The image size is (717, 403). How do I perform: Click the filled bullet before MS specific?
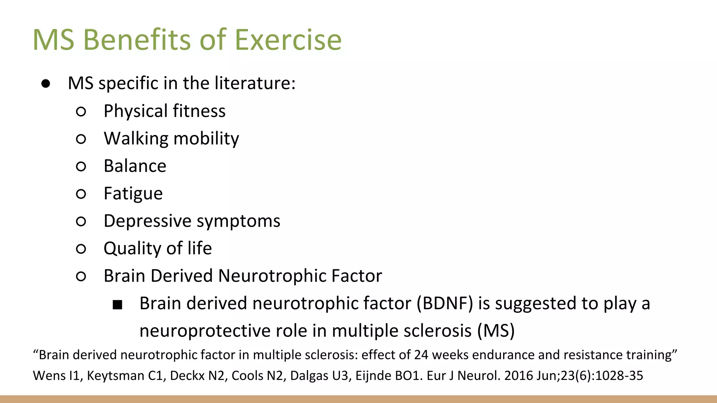click(46, 84)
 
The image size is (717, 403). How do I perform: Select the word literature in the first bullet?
click(255, 83)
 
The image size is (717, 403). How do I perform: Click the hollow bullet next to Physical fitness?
click(81, 112)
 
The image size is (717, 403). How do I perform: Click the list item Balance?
click(135, 166)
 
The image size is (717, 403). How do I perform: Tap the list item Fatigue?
click(133, 193)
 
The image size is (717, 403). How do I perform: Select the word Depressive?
click(147, 221)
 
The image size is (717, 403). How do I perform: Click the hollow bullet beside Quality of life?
click(81, 249)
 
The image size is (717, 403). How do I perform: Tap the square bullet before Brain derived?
click(118, 305)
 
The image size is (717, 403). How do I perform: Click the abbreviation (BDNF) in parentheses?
click(445, 303)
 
